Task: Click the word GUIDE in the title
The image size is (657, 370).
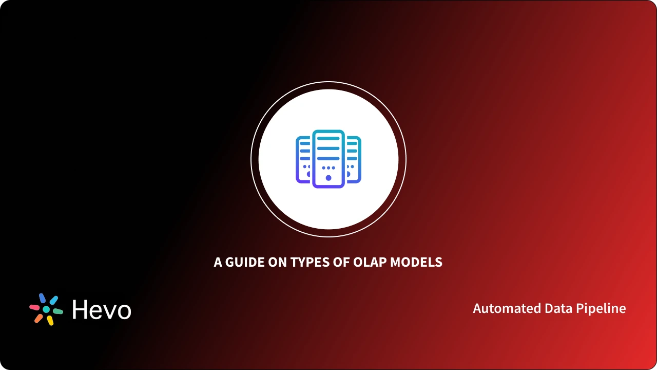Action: [x=244, y=262]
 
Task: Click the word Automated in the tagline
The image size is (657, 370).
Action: [x=500, y=308]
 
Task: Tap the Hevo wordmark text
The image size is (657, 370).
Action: [x=102, y=310]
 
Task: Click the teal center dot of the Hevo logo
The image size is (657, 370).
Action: [x=46, y=309]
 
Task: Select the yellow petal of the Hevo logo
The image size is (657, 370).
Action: [x=50, y=320]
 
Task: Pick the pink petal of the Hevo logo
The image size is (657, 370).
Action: [x=35, y=307]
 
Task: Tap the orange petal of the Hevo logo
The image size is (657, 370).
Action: [x=38, y=318]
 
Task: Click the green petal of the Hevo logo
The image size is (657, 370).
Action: [x=57, y=311]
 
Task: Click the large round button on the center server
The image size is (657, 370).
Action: [x=328, y=178]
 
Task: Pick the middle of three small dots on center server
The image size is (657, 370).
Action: [x=328, y=168]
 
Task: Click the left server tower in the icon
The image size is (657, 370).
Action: [x=303, y=159]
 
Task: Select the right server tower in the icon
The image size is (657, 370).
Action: [x=354, y=159]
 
